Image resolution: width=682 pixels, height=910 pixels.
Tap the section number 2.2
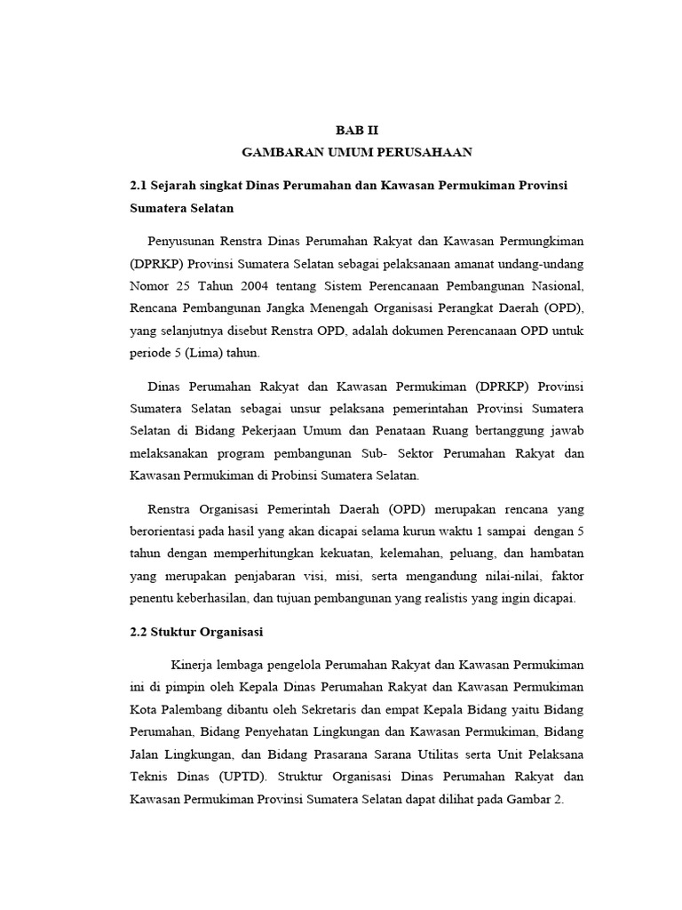point(138,632)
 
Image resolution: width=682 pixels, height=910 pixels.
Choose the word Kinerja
point(194,665)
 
